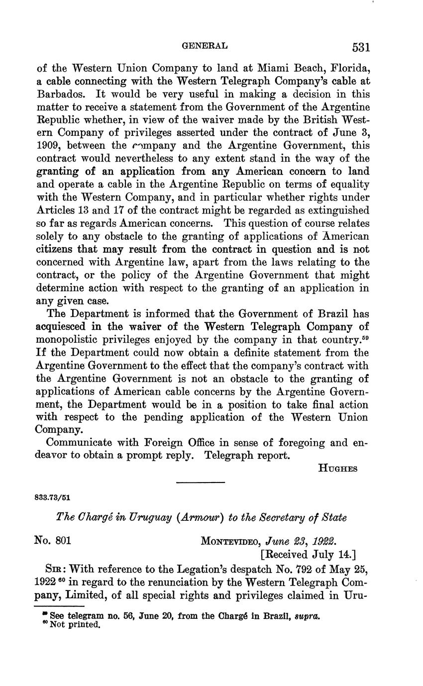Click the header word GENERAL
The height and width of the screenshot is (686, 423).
pyautogui.click(x=205, y=46)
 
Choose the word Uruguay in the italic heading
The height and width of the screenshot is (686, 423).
pyautogui.click(x=127, y=518)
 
